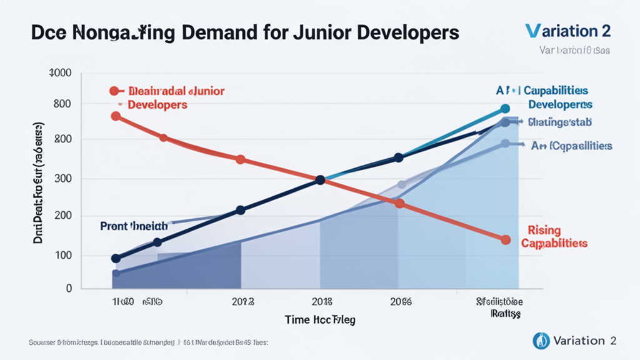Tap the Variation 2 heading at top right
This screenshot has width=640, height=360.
tap(568, 31)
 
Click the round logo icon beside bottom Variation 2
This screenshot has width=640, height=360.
tap(541, 341)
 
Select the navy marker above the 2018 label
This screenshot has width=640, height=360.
tap(320, 180)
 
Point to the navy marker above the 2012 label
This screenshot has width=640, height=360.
tap(240, 211)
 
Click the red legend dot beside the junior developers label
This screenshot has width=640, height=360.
tap(114, 91)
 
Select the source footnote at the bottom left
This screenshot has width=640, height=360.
tap(149, 342)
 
